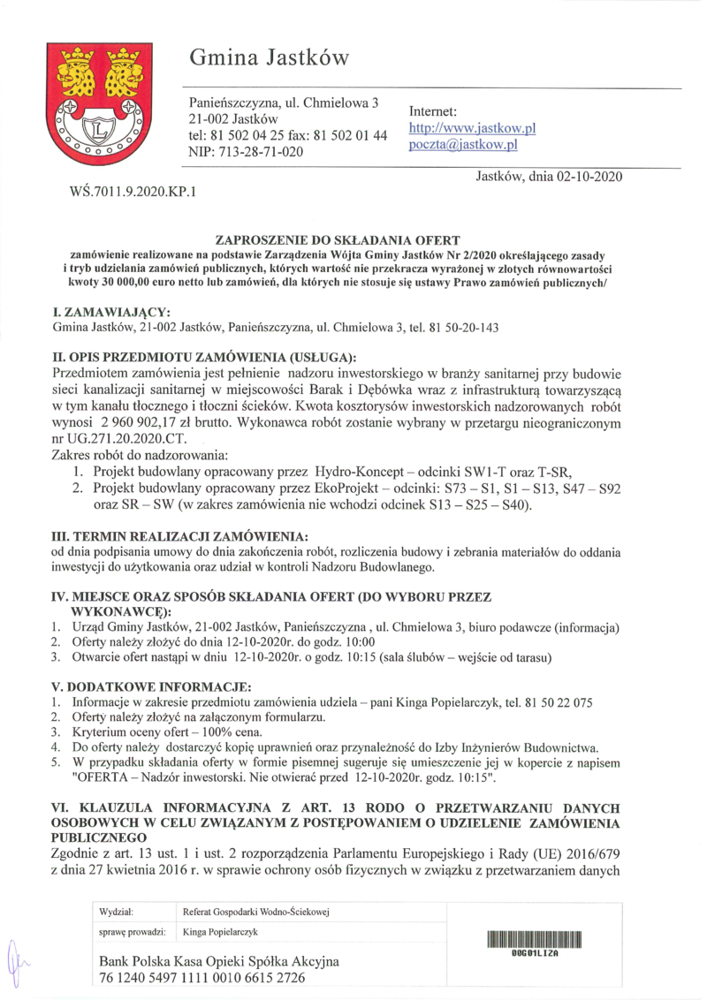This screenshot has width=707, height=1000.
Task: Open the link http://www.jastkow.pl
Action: tap(472, 129)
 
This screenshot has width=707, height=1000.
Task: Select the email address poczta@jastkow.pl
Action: tap(462, 145)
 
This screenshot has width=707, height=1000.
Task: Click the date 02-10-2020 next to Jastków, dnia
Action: tap(589, 176)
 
